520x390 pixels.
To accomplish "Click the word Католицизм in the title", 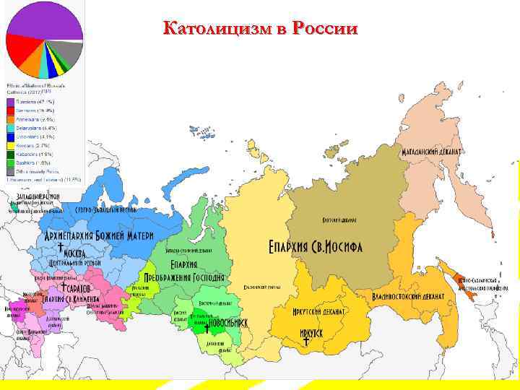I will [x=217, y=29].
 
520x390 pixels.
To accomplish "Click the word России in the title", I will [x=323, y=29].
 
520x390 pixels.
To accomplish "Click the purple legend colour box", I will [x=10, y=103].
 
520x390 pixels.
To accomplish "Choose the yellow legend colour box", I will [x=10, y=144].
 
